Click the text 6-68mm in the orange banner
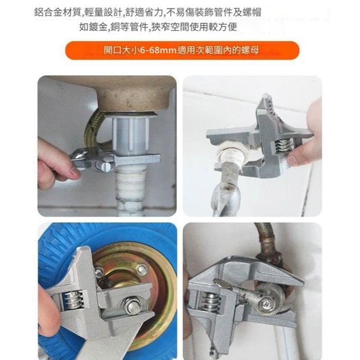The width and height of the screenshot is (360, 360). pyautogui.click(x=158, y=50)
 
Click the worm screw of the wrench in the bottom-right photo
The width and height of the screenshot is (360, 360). pyautogui.click(x=210, y=302)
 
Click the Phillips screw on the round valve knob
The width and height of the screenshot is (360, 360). pyautogui.click(x=268, y=304)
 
